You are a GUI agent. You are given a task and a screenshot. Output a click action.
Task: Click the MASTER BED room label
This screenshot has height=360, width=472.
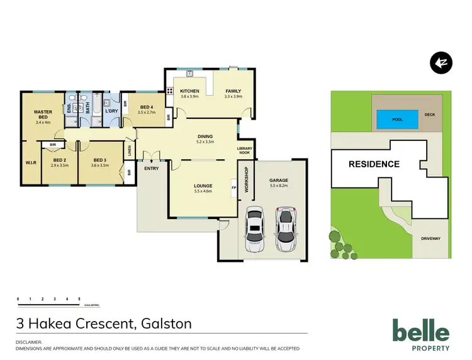point(43,114)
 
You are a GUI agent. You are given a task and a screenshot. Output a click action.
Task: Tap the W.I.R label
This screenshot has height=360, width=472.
point(31,162)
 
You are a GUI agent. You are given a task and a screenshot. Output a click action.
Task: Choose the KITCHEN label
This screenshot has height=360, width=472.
point(189,91)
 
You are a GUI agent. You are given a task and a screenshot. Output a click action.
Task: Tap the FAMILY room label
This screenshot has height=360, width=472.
point(233,91)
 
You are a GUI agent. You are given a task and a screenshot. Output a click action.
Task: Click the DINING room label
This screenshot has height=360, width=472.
point(205,137)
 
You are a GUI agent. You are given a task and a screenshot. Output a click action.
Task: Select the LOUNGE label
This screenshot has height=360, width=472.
point(203,186)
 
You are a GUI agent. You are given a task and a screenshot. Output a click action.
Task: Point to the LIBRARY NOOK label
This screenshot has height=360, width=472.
point(245,150)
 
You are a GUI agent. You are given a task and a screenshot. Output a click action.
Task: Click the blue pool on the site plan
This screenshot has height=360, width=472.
point(397,118)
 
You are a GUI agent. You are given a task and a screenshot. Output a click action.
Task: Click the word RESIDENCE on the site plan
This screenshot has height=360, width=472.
point(374,164)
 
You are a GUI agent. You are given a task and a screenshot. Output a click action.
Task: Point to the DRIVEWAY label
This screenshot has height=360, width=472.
point(432,239)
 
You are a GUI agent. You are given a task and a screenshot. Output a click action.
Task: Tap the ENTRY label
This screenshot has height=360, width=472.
point(151,168)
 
